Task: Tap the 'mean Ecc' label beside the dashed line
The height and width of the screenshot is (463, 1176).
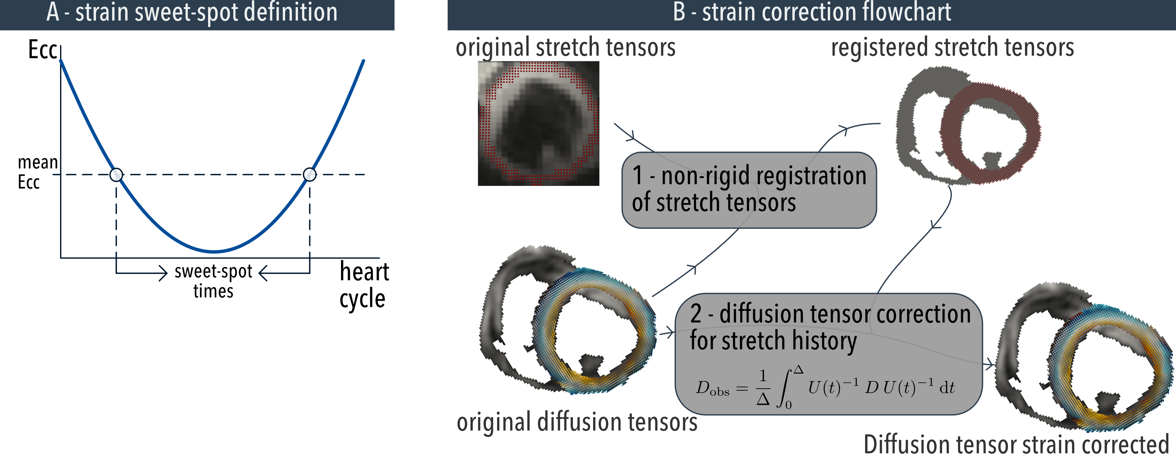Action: tap(38, 172)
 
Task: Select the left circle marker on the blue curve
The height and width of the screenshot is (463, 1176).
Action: tap(117, 174)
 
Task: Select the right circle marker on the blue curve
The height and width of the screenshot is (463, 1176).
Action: tap(310, 174)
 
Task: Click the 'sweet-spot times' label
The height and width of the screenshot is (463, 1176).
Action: tap(213, 281)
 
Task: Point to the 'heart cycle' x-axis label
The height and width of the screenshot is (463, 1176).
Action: tap(364, 285)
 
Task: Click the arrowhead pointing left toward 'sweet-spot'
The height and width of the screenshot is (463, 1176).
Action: tap(263, 273)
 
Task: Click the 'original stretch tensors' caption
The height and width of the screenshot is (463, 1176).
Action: tap(565, 47)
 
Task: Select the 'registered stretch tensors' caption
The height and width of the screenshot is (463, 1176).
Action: tap(952, 47)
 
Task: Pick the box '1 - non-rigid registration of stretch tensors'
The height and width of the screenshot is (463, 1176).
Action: tap(749, 190)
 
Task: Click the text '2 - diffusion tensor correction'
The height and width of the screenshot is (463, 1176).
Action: tap(830, 314)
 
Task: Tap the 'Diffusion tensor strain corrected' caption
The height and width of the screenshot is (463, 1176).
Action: tap(1016, 445)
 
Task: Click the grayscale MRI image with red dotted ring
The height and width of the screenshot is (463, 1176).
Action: tap(538, 123)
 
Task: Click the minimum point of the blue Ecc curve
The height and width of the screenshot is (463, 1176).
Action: tap(215, 252)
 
